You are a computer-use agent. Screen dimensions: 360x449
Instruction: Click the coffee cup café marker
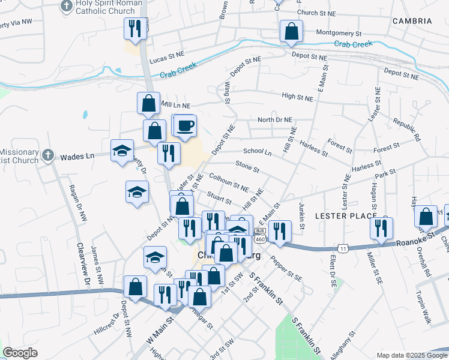coord(186,125)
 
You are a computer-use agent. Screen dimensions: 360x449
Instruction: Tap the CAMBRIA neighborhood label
coord(412,21)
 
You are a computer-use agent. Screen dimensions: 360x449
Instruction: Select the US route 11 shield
coord(343,248)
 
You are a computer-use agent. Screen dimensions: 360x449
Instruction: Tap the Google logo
coord(20,353)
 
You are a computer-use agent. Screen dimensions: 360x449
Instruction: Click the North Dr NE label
coord(274,119)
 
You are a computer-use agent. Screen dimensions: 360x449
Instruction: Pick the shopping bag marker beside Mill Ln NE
coord(148,103)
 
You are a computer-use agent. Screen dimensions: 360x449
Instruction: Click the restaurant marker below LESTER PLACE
coord(381,228)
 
